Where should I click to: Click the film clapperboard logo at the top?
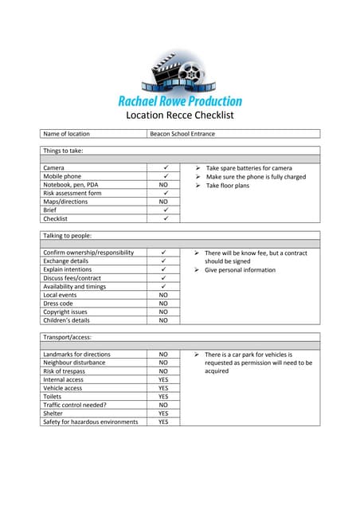[x=179, y=73]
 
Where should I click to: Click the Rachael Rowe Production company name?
[x=180, y=101]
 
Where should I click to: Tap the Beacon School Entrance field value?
[x=182, y=134]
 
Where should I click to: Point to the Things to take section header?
[x=63, y=151]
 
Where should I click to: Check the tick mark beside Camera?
[x=164, y=168]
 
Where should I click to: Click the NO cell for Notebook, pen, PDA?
[x=164, y=185]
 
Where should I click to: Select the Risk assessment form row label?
[x=72, y=193]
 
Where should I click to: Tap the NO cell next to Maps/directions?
[x=164, y=202]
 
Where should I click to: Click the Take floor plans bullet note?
[x=227, y=185]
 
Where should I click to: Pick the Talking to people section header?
[x=67, y=236]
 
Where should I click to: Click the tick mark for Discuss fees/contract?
[x=164, y=278]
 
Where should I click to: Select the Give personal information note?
[x=240, y=270]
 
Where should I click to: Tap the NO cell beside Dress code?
[x=164, y=304]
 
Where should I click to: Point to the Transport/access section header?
[x=68, y=337]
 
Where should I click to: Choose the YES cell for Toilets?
[x=164, y=396]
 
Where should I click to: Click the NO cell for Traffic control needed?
[x=164, y=405]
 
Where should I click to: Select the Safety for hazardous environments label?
[x=90, y=422]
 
